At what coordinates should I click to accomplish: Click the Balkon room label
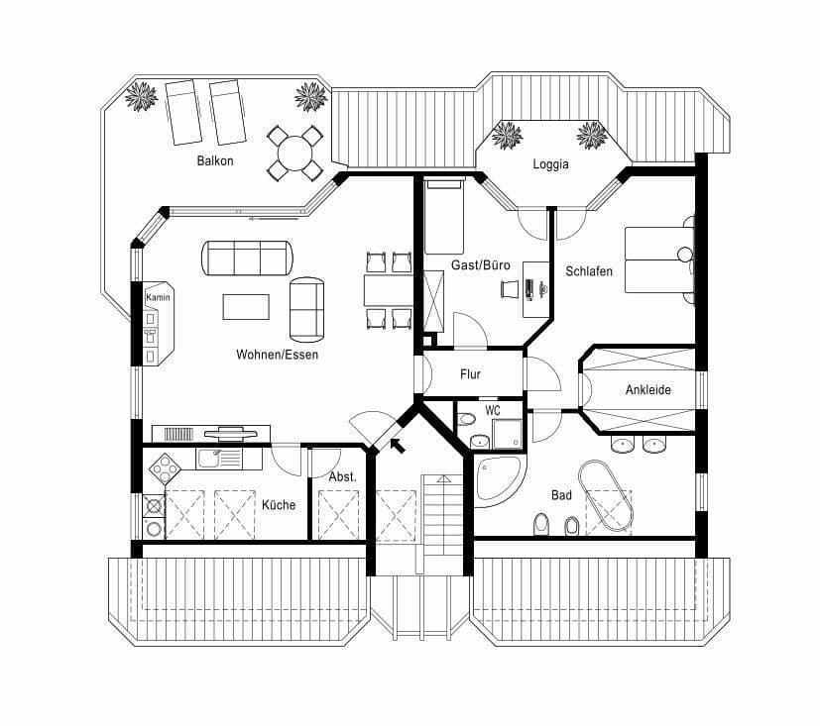point(214,160)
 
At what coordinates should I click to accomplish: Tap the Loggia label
point(550,164)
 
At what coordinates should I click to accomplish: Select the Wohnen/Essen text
point(278,354)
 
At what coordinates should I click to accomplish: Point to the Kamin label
point(155,297)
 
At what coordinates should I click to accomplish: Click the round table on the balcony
point(294,154)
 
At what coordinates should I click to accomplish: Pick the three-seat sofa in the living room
point(248,258)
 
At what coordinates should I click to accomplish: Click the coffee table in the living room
point(246,306)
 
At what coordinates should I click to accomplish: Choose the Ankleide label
point(647,390)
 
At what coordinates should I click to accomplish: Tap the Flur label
point(470,374)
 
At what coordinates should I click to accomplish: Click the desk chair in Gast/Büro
point(510,288)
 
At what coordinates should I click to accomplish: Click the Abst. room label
point(342,477)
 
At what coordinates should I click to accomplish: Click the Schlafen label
point(589,270)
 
